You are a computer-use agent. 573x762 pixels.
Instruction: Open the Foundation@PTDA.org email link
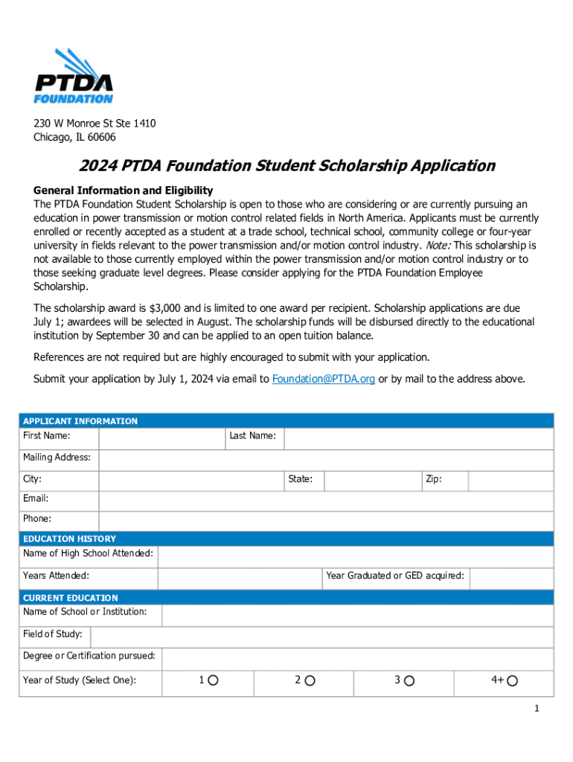[324, 379]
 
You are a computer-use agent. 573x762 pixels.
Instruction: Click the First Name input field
[161, 439]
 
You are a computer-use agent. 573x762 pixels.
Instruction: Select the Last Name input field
[418, 439]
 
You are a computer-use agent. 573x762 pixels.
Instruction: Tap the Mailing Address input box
[326, 461]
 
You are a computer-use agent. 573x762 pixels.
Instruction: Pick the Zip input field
[510, 481]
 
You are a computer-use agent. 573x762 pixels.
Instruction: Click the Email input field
[326, 501]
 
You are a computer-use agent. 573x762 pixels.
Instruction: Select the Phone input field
[326, 521]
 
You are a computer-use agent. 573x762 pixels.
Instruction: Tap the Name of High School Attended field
[356, 557]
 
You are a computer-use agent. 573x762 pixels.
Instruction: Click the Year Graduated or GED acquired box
[511, 578]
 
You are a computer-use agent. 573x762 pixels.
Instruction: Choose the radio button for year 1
[214, 681]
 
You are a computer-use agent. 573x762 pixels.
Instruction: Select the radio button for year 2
[310, 681]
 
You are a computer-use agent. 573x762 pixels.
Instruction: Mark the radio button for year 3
[409, 681]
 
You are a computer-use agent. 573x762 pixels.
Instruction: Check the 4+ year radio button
[513, 681]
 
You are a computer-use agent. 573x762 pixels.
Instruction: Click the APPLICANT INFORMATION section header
[80, 421]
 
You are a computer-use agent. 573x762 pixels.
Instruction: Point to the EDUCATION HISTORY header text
[70, 539]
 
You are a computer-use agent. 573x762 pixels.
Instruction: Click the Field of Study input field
[321, 637]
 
